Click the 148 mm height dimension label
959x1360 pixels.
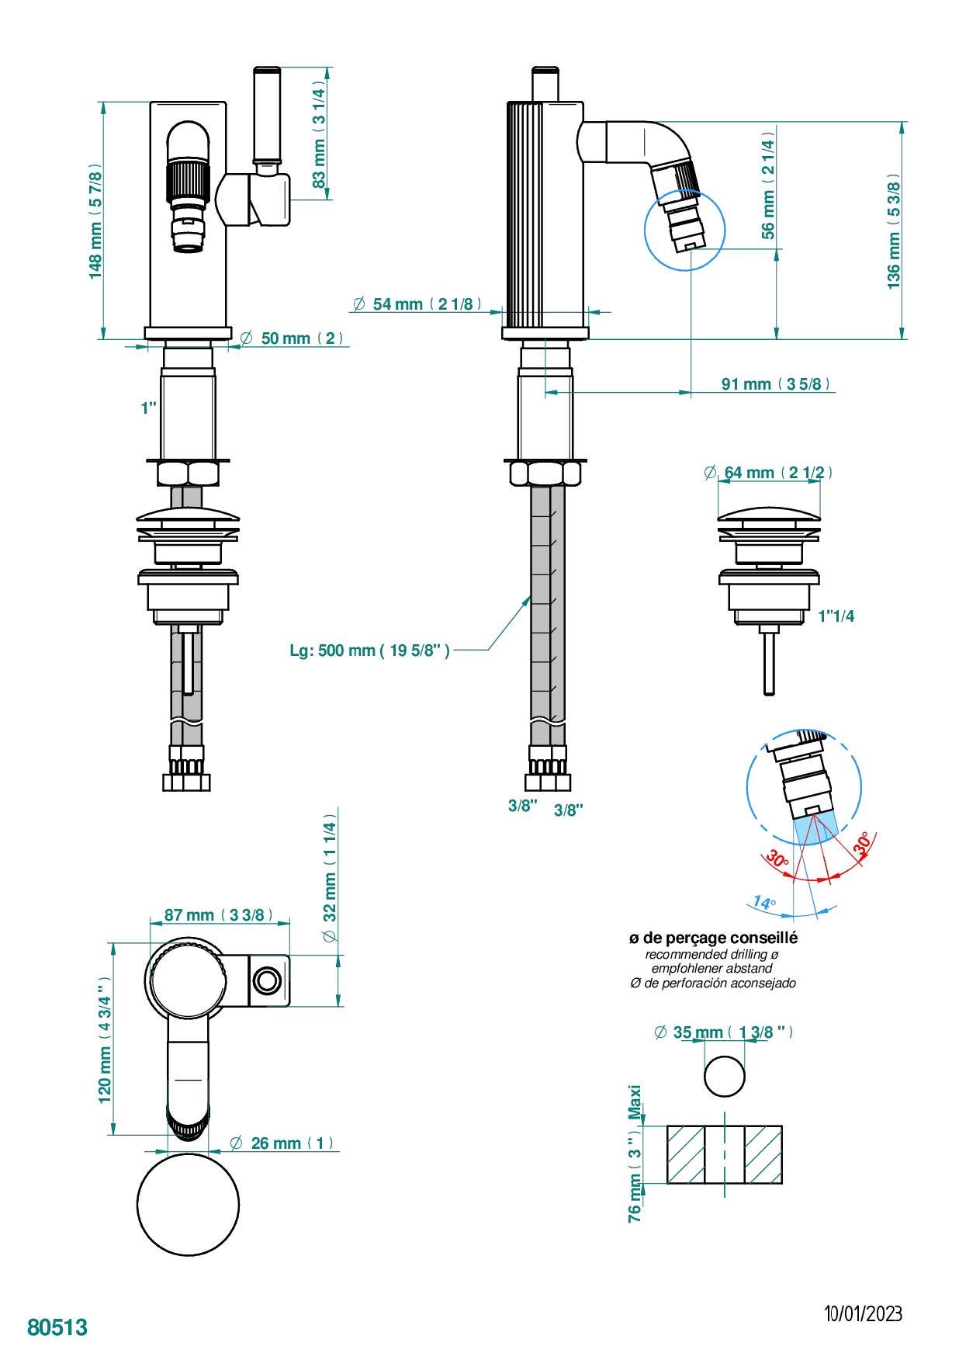[95, 221]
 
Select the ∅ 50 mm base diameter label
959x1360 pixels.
[293, 338]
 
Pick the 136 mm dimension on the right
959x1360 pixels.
[894, 231]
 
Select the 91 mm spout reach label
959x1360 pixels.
[775, 383]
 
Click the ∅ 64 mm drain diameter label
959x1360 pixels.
[767, 472]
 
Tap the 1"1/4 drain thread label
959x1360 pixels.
[836, 616]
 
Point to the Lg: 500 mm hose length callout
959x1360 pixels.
[369, 651]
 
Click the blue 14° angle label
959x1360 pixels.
[763, 903]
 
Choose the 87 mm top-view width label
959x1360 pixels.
[218, 915]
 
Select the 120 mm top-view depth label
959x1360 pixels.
[106, 1039]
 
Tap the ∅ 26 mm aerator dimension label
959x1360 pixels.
[282, 1143]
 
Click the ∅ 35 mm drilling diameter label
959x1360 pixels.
[723, 1032]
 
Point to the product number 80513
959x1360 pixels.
[57, 1327]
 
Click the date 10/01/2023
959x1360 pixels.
[863, 1313]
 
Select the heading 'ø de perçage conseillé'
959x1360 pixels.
[713, 938]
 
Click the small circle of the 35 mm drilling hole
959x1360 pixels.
[725, 1076]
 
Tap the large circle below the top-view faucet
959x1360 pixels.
[188, 1204]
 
